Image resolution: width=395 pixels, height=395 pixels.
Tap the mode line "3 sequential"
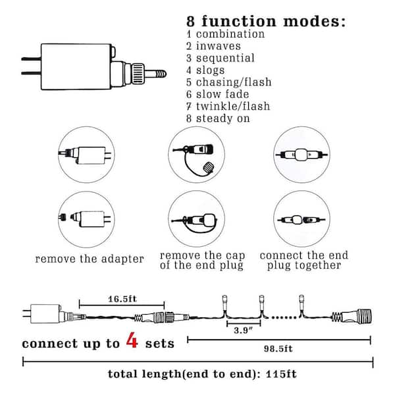click(221, 58)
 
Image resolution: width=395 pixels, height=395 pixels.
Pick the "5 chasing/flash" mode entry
click(228, 82)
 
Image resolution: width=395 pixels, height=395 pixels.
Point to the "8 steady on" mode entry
click(219, 118)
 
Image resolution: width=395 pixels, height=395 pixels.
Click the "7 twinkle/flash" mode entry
click(228, 106)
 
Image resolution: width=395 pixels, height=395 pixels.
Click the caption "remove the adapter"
click(90, 259)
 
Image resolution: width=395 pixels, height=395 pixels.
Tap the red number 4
click(132, 342)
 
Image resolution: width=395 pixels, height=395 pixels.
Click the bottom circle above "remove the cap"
click(196, 219)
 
